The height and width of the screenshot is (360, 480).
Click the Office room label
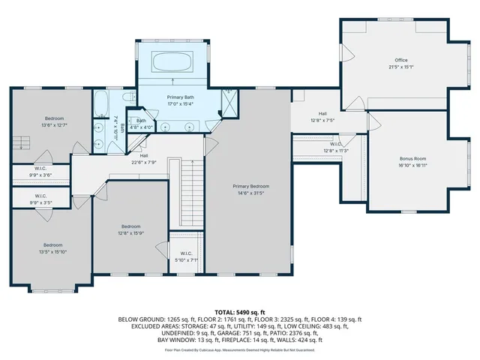(x=401, y=60)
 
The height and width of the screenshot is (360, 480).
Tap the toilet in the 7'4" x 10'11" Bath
(x=130, y=96)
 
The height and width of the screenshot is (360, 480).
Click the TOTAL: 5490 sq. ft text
(x=240, y=311)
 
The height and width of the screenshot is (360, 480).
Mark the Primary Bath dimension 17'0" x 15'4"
(x=181, y=104)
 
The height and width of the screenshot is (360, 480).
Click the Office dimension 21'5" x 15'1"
(x=401, y=67)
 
